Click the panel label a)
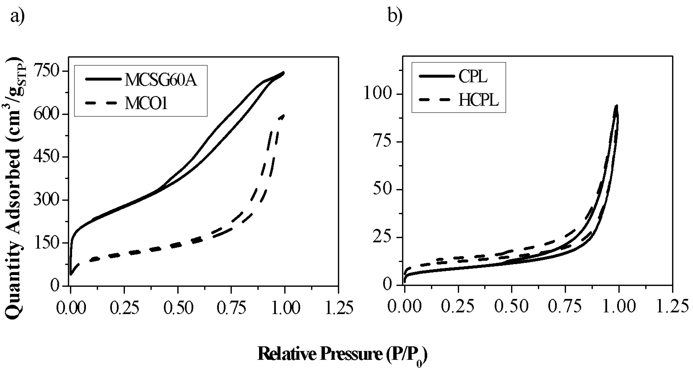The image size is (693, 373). pyautogui.click(x=18, y=16)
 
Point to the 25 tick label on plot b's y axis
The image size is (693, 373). pyautogui.click(x=382, y=237)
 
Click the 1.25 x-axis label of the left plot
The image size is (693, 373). pyautogui.click(x=339, y=308)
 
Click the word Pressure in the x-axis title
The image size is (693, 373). pyautogui.click(x=351, y=354)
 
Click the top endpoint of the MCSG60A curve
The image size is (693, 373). pyautogui.click(x=284, y=72)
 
